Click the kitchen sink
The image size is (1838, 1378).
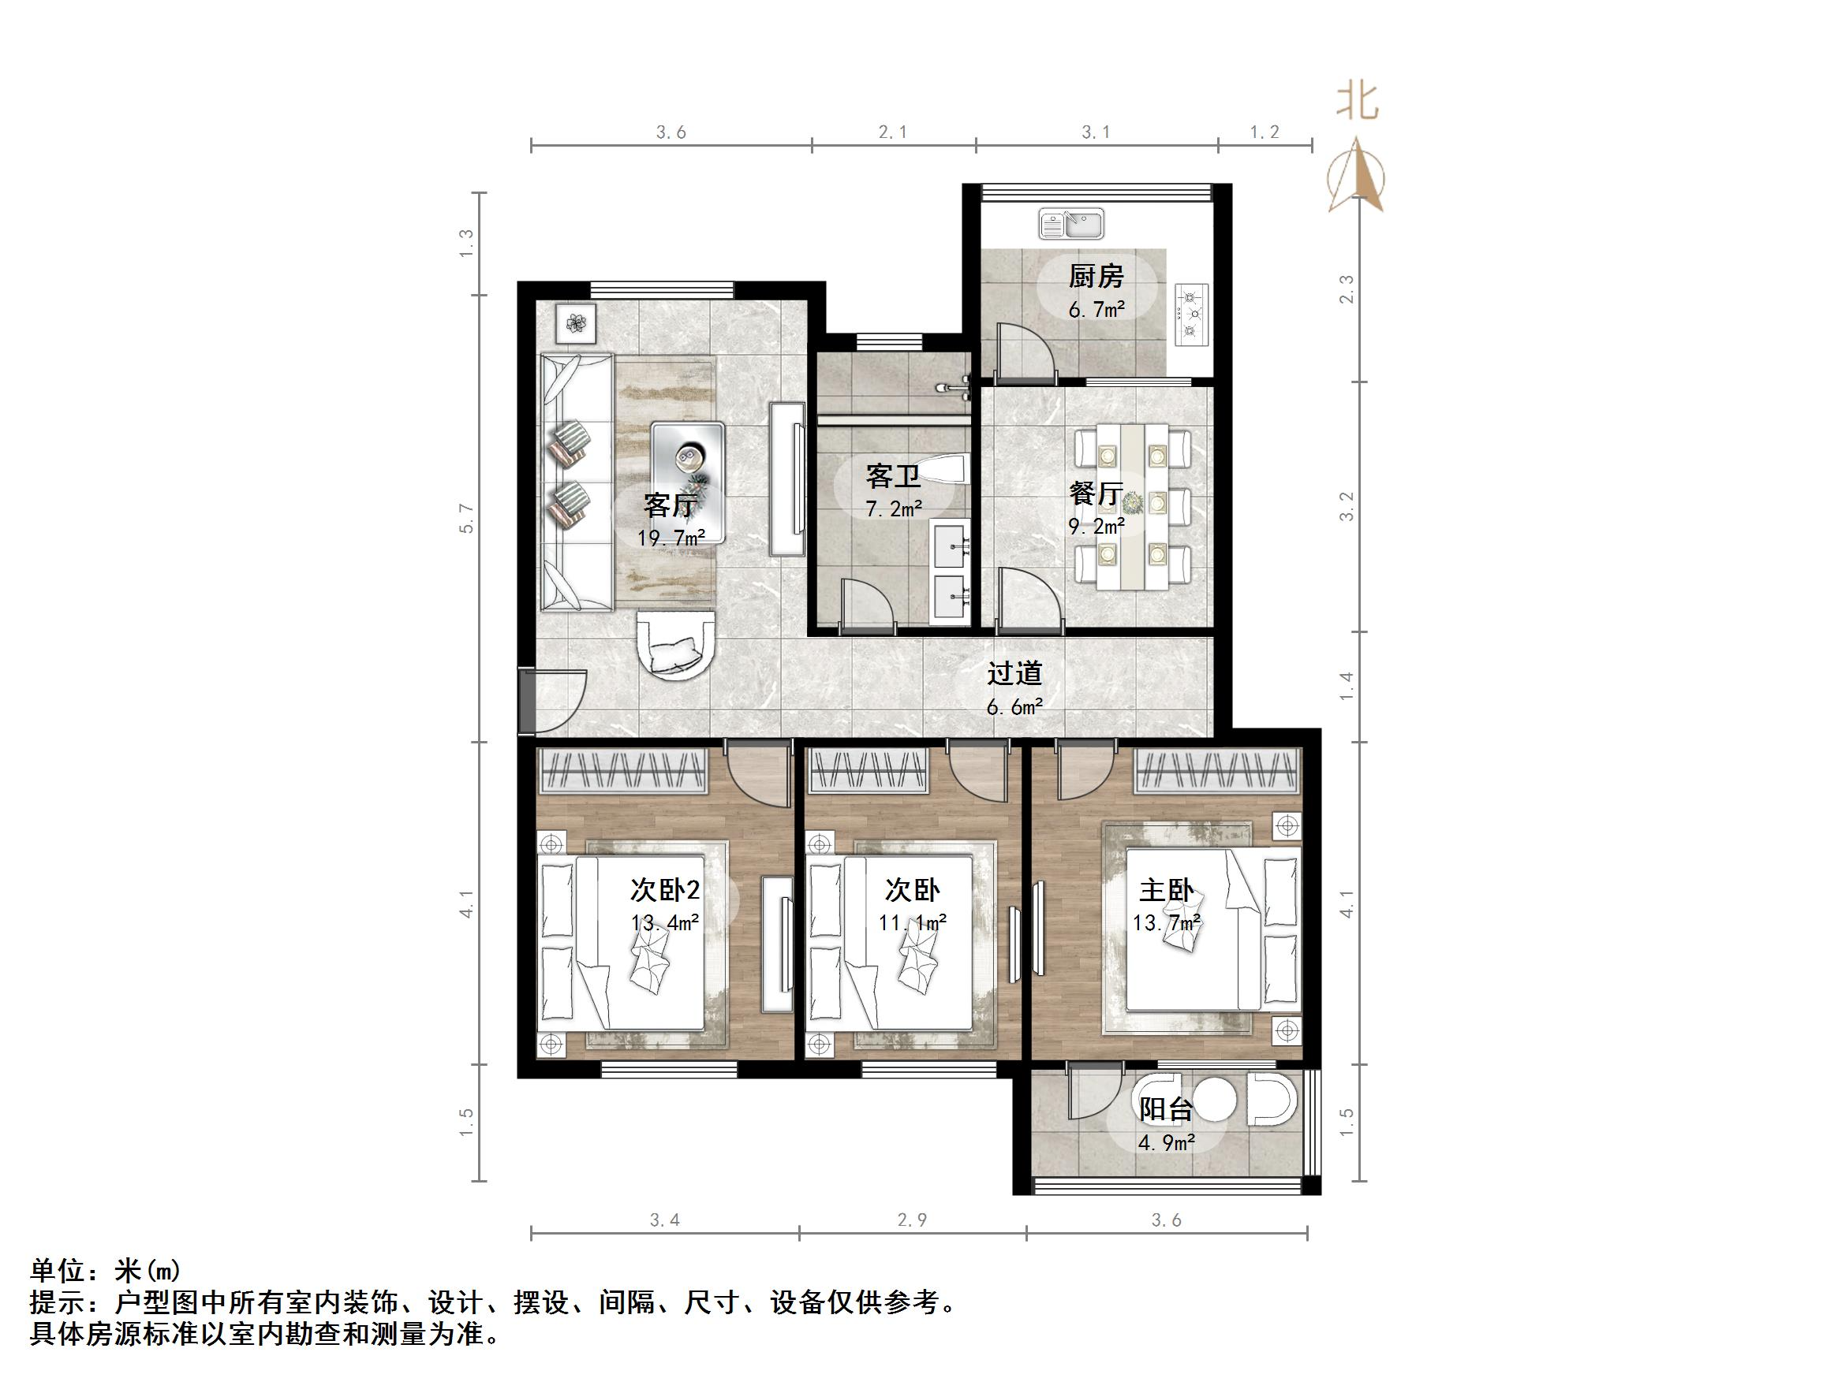tap(1070, 223)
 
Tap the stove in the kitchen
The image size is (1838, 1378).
tap(1191, 314)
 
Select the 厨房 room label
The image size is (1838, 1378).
tap(1096, 276)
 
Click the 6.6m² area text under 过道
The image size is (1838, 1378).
tap(1014, 707)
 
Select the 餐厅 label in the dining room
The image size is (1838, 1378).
tap(1096, 493)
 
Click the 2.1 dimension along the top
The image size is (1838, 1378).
tap(892, 132)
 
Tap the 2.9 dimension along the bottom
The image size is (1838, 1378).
tap(912, 1220)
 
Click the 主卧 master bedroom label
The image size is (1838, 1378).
tap(1166, 891)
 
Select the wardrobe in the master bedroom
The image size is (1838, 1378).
tap(1217, 770)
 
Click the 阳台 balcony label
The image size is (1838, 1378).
tap(1166, 1110)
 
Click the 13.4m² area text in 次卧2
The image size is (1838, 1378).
tap(665, 923)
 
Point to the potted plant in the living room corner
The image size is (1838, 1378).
tap(576, 322)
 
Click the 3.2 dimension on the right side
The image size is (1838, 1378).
tap(1347, 507)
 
